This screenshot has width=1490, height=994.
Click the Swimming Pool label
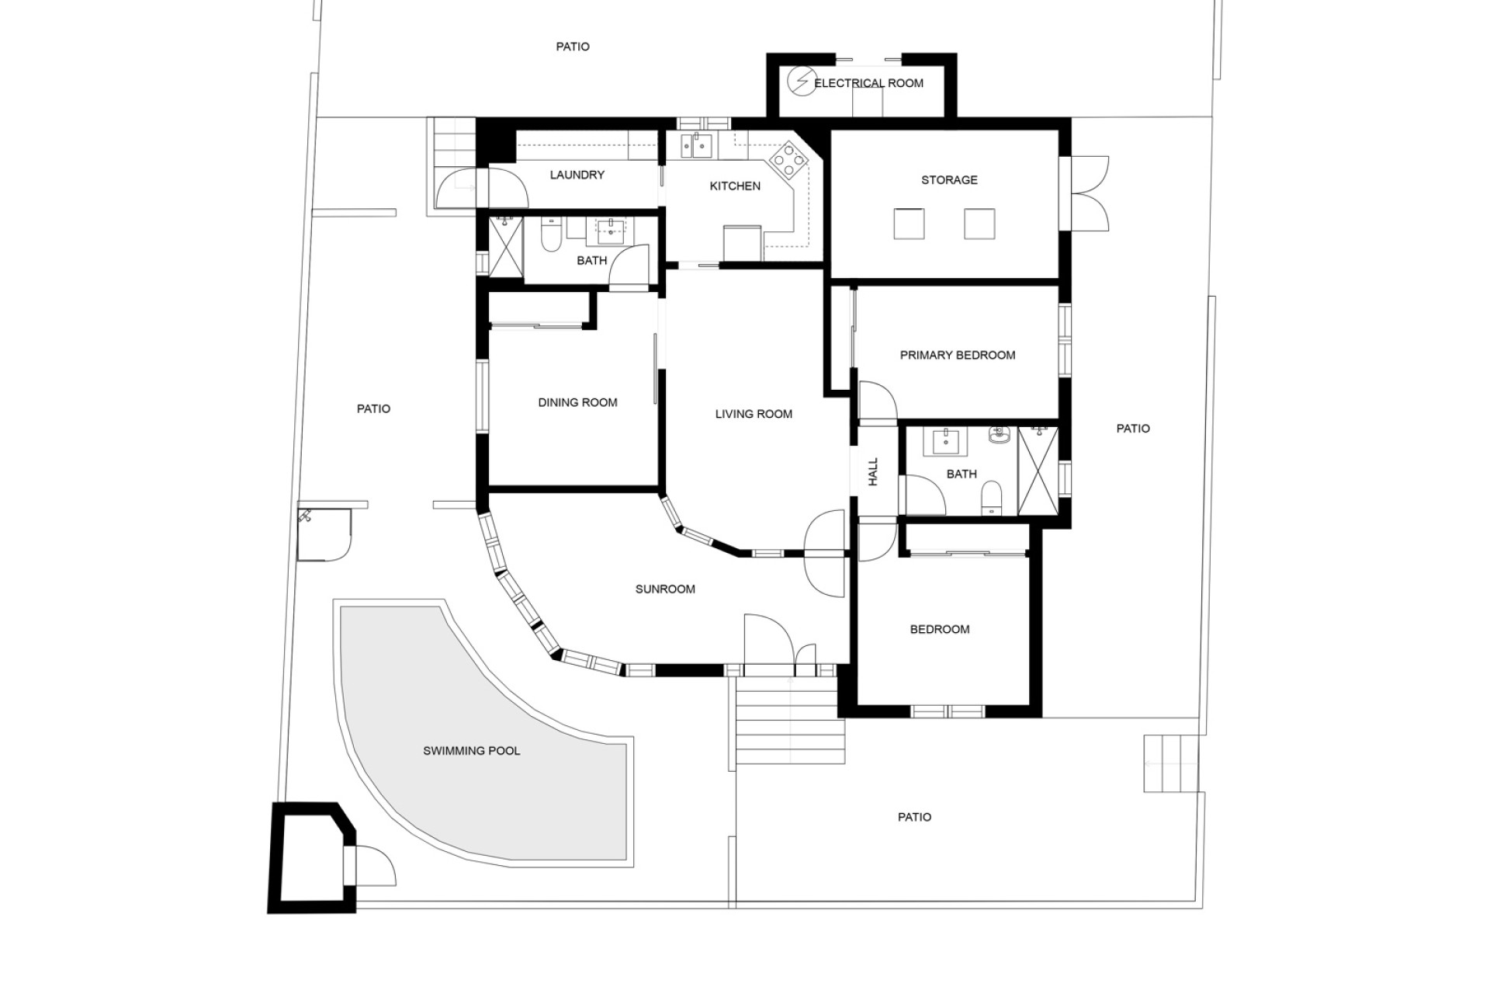click(x=471, y=751)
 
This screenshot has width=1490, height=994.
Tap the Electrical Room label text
click(x=868, y=83)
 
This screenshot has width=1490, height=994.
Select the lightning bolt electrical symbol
click(x=799, y=81)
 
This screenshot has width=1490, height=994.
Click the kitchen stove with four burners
click(x=788, y=159)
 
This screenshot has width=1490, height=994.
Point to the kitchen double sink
click(x=696, y=144)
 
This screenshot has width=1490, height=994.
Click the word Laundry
click(x=577, y=175)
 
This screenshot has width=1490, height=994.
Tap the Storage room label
click(x=949, y=180)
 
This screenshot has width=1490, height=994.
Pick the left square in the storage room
click(x=909, y=224)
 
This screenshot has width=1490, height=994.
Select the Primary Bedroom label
click(x=958, y=356)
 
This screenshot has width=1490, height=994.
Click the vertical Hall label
click(x=873, y=471)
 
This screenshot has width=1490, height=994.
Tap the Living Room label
click(x=754, y=415)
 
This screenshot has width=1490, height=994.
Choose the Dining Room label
click(x=577, y=402)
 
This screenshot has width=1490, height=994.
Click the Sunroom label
click(x=665, y=589)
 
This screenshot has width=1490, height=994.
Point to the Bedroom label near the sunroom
click(x=940, y=630)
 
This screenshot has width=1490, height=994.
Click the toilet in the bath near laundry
click(x=550, y=235)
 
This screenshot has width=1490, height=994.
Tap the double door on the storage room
click(x=1088, y=193)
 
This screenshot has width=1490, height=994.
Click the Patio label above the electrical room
click(x=573, y=47)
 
